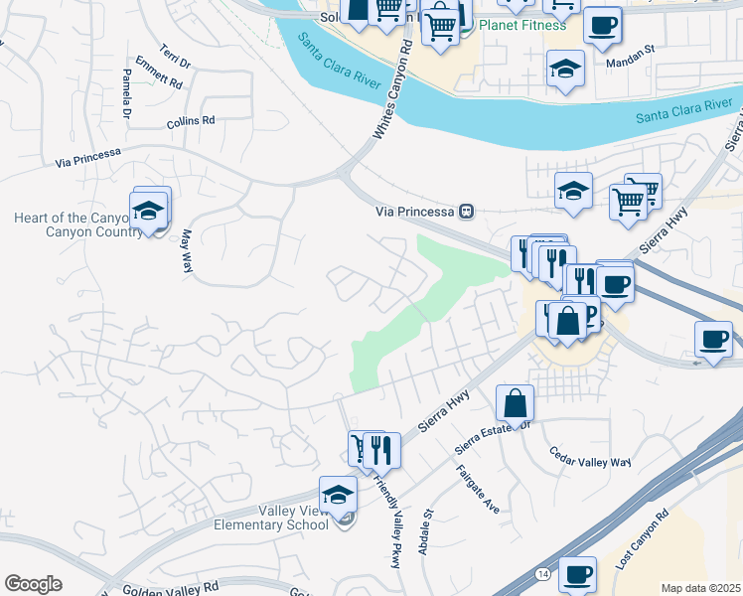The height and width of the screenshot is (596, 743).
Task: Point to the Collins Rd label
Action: pyautogui.click(x=191, y=120)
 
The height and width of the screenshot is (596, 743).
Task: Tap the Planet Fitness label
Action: pyautogui.click(x=521, y=26)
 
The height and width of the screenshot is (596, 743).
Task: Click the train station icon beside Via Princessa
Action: pyautogui.click(x=465, y=211)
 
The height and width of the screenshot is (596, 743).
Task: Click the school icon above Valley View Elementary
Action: pyautogui.click(x=338, y=494)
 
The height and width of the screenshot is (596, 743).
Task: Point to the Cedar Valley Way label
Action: pyautogui.click(x=591, y=462)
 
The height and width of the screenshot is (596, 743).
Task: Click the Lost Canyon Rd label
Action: pyautogui.click(x=643, y=539)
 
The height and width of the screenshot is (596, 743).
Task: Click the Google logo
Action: pyautogui.click(x=33, y=584)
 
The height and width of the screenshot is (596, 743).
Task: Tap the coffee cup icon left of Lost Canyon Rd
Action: pyautogui.click(x=577, y=573)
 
